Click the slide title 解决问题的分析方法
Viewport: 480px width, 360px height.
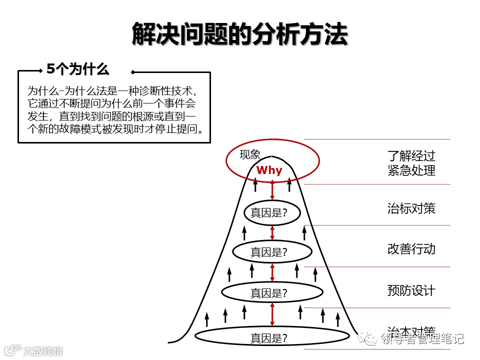tap(239, 34)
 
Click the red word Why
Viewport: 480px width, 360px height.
tap(269, 170)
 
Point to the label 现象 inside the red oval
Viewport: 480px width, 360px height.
tap(250, 154)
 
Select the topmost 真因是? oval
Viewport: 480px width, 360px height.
tap(272, 213)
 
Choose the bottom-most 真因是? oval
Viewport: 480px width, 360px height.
tap(272, 338)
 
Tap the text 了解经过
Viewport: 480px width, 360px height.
tap(411, 155)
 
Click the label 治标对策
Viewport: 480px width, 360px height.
tap(411, 208)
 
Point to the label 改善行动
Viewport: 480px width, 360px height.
tap(411, 248)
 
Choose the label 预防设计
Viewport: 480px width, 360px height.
tap(411, 290)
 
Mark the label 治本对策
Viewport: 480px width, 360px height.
tap(411, 330)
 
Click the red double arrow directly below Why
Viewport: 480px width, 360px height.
tap(272, 190)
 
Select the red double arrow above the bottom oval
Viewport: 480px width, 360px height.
tap(272, 315)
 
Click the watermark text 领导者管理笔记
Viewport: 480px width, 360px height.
tap(422, 339)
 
